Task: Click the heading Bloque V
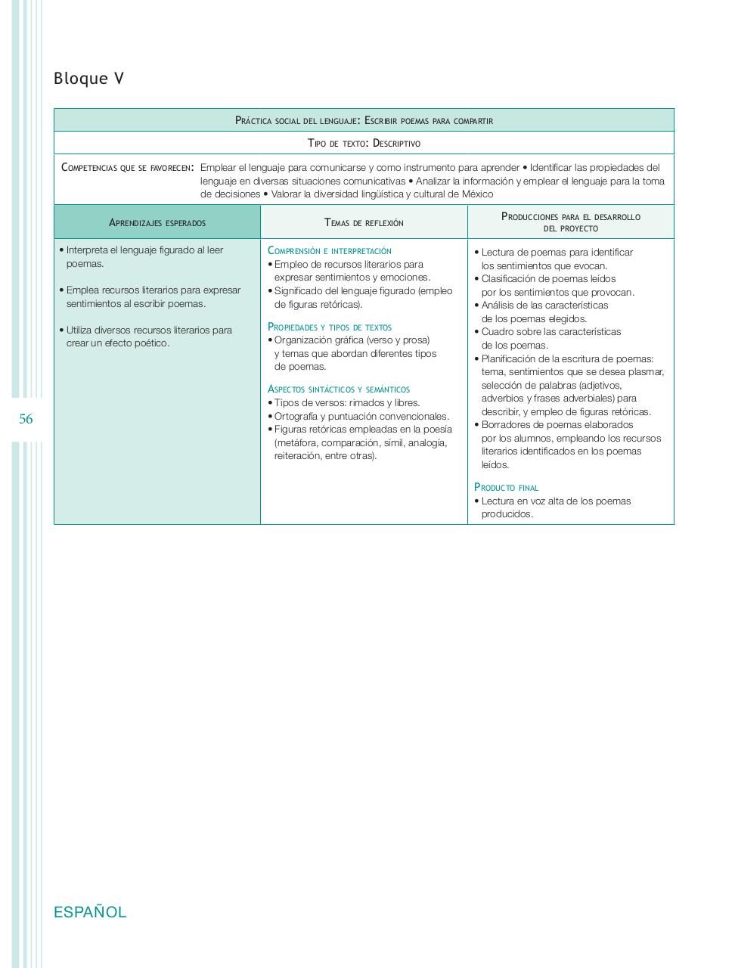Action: pos(88,79)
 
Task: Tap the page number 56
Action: pos(26,419)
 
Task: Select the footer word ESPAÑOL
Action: pos(90,912)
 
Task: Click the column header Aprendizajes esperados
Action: pos(157,222)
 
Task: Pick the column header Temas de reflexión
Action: pos(364,222)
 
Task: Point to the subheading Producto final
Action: pos(506,488)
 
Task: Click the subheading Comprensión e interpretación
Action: pos(330,250)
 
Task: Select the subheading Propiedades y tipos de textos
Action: pos(330,327)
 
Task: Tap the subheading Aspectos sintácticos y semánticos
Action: pos(339,389)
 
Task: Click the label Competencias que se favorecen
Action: pos(126,168)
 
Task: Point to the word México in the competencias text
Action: pos(477,194)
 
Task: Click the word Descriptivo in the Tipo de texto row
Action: pos(397,143)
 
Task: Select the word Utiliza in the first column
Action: pos(79,330)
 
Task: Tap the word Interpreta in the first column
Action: pos(87,250)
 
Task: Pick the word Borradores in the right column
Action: pos(505,425)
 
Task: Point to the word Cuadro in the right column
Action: pos(496,332)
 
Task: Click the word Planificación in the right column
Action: pos(510,359)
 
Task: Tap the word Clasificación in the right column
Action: pos(510,279)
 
